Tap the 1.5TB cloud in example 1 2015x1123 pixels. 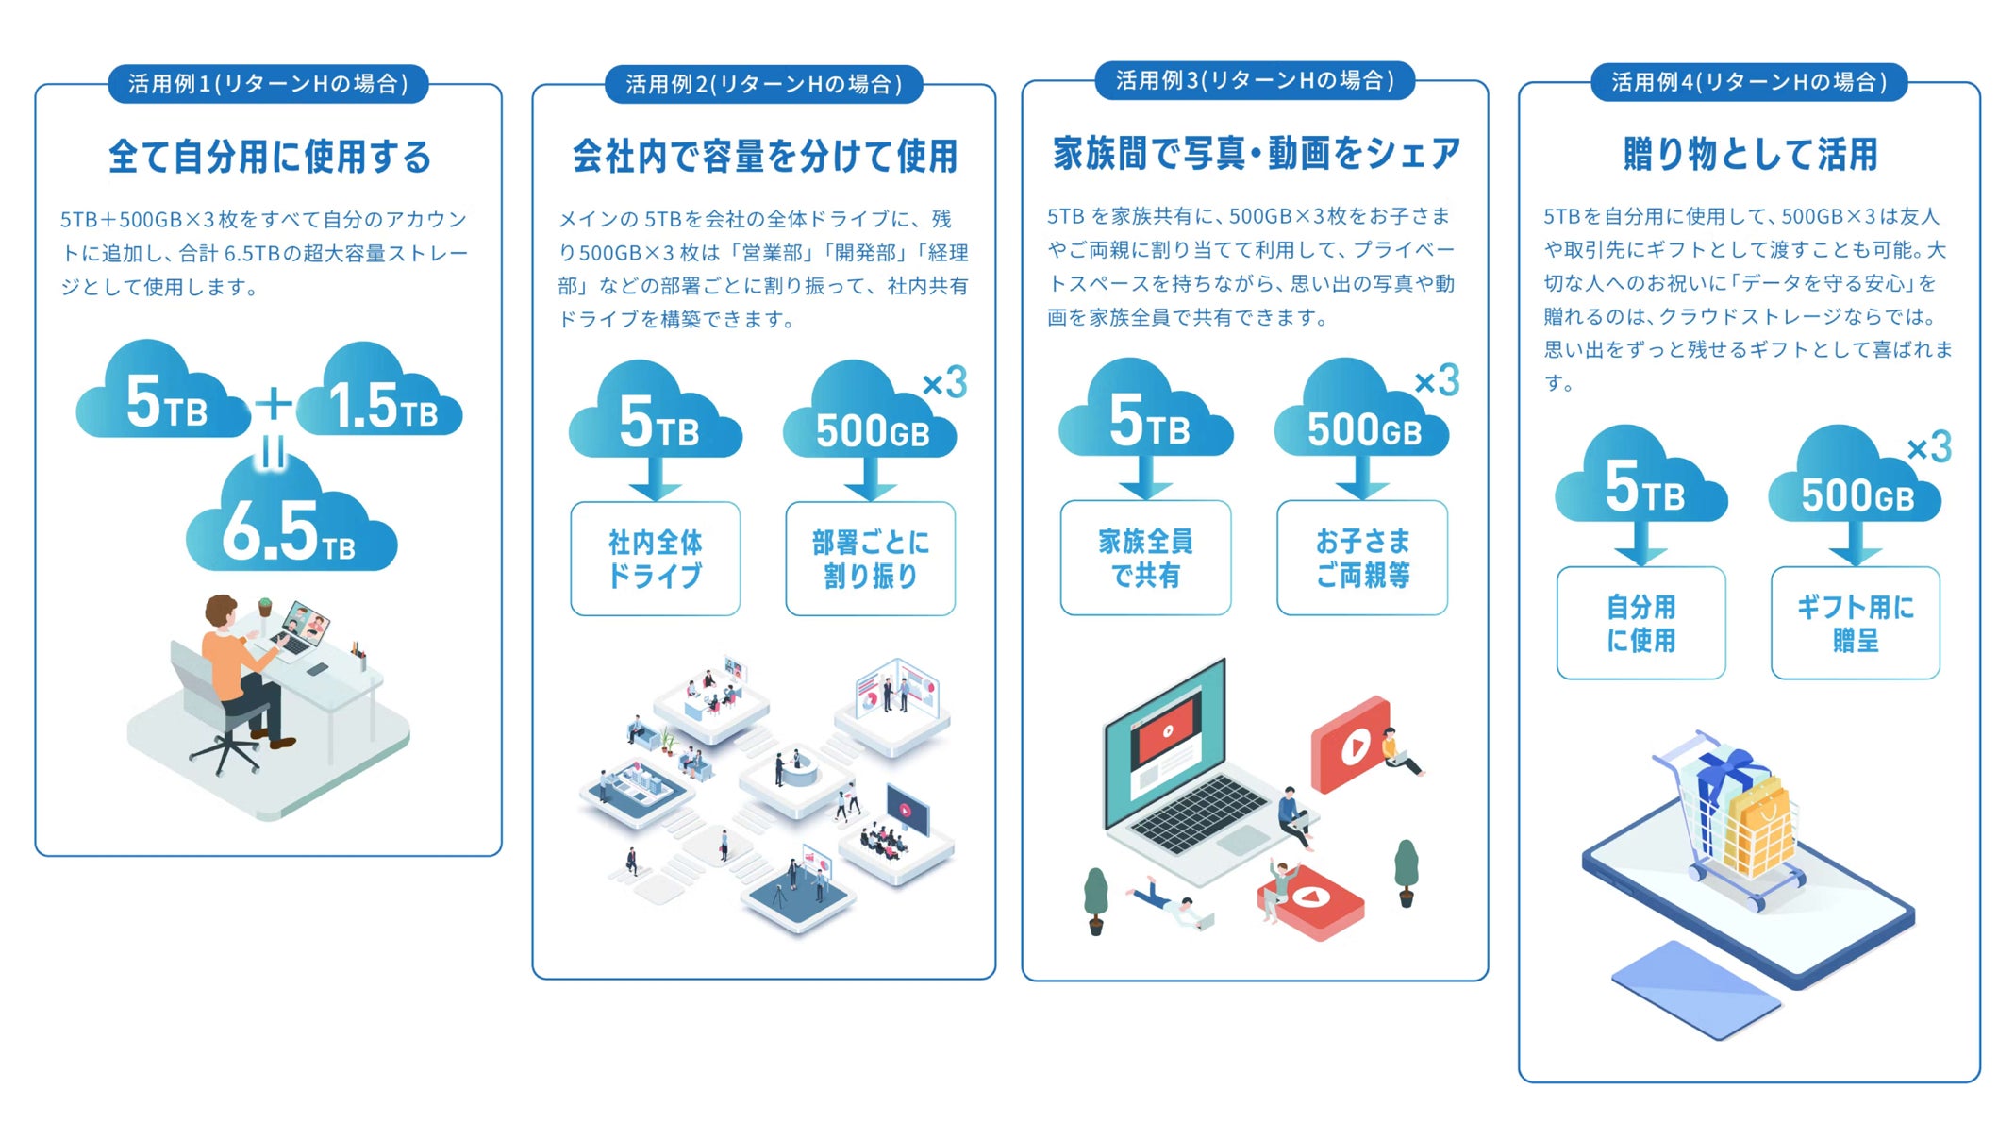(x=380, y=391)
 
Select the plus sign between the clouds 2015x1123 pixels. (x=274, y=404)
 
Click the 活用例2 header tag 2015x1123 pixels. (x=763, y=84)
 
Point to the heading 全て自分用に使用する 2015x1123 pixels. (x=270, y=157)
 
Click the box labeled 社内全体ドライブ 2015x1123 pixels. (x=656, y=559)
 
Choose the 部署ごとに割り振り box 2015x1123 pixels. (x=871, y=559)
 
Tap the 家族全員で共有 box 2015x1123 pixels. (x=1145, y=558)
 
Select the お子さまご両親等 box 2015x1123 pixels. (x=1362, y=558)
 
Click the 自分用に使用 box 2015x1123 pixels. (x=1641, y=623)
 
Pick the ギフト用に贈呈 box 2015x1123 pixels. (x=1856, y=623)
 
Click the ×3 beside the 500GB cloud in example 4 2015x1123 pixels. (x=1929, y=447)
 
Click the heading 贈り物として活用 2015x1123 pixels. (x=1750, y=154)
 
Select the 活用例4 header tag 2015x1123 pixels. (x=1749, y=82)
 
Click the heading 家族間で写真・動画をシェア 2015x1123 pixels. (x=1257, y=153)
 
